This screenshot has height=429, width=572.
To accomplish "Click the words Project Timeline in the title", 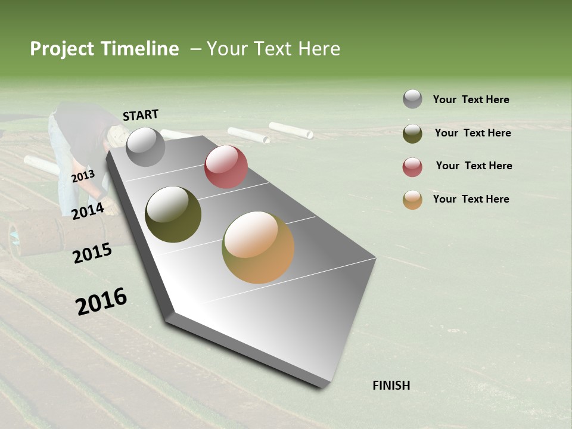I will [104, 49].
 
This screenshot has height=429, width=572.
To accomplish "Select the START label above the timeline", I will [141, 115].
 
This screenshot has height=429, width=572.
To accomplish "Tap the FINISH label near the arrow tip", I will [391, 386].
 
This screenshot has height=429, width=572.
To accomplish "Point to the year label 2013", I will [83, 176].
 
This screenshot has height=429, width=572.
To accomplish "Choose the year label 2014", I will [88, 211].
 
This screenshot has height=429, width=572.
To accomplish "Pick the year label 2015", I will [92, 253].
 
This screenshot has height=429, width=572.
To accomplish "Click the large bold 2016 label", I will [101, 301].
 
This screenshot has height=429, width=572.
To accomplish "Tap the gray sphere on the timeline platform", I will [145, 147].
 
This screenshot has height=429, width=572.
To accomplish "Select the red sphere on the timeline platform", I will [226, 167].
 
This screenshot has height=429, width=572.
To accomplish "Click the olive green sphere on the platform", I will [173, 214].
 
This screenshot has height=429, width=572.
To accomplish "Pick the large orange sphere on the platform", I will [258, 247].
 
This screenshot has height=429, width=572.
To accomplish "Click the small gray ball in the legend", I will [412, 99].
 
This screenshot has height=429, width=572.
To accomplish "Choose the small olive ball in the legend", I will [412, 133].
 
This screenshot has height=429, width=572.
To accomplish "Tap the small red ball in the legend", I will [412, 167].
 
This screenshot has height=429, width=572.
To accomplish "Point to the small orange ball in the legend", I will [412, 200].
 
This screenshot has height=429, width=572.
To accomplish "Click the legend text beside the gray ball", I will [471, 100].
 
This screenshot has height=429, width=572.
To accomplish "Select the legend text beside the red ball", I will [474, 166].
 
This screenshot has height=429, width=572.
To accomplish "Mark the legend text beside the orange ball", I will [471, 199].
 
